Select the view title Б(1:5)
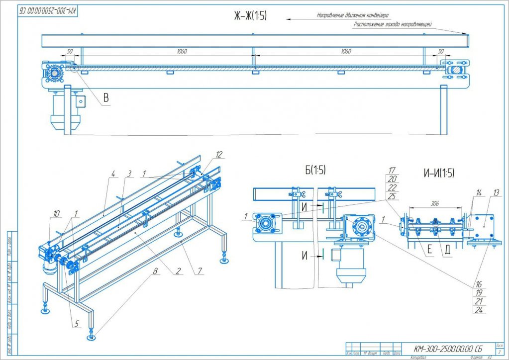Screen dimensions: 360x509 [x=311, y=170]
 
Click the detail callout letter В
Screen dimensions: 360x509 [x=105, y=98]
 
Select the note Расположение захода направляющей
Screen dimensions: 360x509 [x=392, y=24]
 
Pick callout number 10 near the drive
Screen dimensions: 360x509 [x=57, y=213]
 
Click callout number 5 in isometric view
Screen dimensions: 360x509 [x=76, y=323]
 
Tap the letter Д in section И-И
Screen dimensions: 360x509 [x=447, y=250]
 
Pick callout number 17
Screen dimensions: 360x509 [x=392, y=171]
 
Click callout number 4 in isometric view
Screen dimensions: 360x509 [x=113, y=174]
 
